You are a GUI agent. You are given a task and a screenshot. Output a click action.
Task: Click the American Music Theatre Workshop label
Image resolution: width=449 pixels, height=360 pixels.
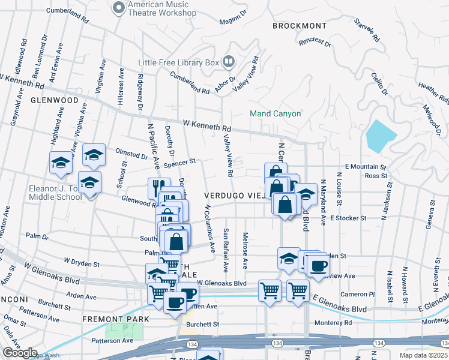(158, 9)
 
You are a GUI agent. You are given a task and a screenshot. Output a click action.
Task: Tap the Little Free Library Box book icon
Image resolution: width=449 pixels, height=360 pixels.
(229, 61)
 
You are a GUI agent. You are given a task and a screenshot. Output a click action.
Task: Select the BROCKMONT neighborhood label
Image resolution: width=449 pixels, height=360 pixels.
(300, 26)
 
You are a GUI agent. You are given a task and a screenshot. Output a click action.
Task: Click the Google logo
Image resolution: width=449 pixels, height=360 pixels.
(19, 352)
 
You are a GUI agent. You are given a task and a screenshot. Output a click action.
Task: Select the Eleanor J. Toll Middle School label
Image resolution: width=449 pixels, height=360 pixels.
(54, 193)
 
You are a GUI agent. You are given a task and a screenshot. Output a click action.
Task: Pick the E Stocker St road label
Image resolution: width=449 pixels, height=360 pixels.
(348, 218)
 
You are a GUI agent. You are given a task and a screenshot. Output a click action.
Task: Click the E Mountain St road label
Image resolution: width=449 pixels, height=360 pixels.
(366, 167)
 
